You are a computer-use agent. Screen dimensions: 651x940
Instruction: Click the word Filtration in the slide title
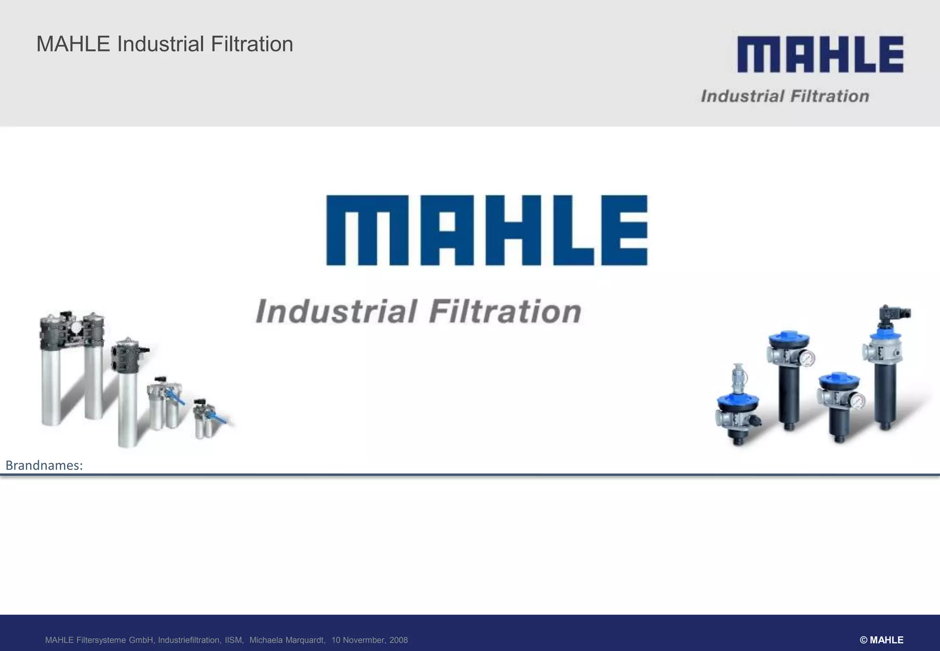point(252,45)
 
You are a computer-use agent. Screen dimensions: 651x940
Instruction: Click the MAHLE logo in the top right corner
point(820,55)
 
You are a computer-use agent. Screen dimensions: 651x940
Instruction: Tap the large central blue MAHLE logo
point(487,230)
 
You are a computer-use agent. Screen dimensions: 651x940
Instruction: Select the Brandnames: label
point(44,466)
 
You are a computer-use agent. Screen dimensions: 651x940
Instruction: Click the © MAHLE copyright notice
point(881,640)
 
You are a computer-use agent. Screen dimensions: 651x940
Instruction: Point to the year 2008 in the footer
point(398,640)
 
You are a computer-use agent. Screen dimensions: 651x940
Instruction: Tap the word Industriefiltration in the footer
point(189,640)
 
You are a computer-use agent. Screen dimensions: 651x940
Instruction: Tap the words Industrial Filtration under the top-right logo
point(785,96)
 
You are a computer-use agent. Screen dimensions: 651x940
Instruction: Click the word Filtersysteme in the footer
point(102,640)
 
